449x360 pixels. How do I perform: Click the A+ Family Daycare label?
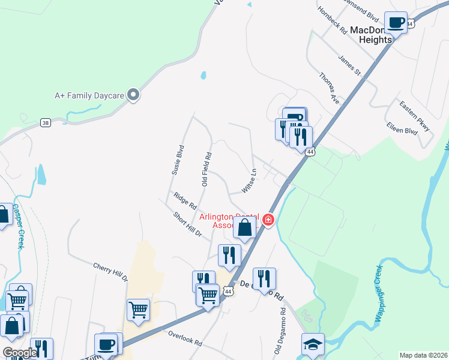point(89,95)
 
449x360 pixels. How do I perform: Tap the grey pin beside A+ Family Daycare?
point(133,94)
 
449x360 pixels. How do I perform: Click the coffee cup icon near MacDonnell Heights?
point(396,23)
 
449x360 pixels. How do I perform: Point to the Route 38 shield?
point(46,122)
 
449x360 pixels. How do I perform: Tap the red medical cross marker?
point(268,221)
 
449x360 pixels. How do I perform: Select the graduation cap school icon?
point(313,344)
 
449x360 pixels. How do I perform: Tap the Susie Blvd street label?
point(177,159)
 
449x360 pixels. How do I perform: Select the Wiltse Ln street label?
point(249,180)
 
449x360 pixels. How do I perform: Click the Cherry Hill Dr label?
point(110,271)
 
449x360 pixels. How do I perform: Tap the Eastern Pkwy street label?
point(415,116)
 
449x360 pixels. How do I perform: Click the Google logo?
point(20,353)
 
